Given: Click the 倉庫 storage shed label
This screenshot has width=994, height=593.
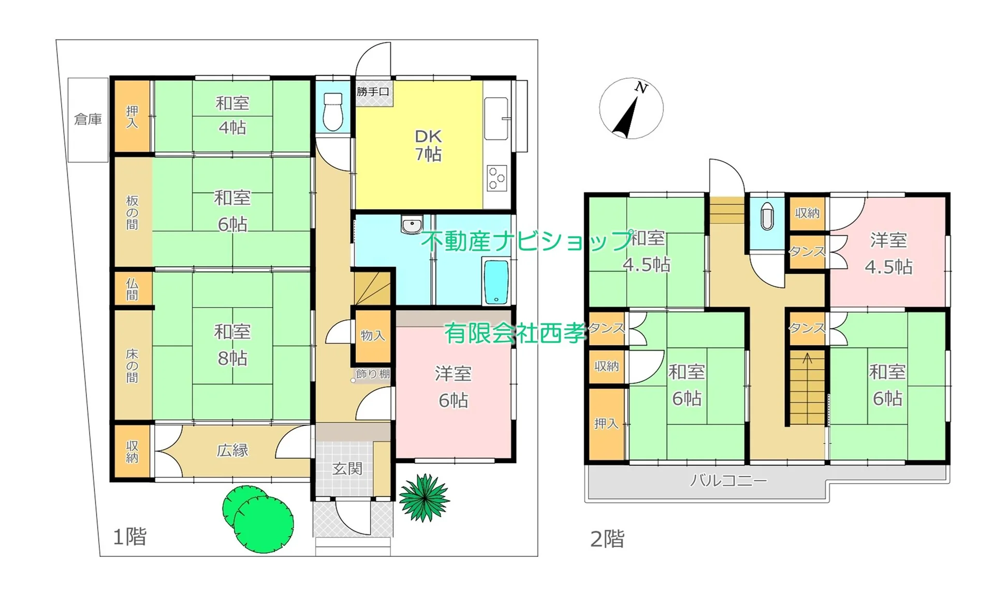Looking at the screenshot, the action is click(x=88, y=120).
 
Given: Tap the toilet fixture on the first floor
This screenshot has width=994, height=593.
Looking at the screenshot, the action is click(x=332, y=111).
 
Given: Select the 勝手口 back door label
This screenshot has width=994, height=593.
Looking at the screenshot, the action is click(x=373, y=92).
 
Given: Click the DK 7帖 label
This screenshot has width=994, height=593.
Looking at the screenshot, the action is click(x=428, y=145).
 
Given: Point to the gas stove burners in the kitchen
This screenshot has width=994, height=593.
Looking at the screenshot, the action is click(x=497, y=178).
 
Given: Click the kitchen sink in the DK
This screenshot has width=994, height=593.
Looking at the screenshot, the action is click(x=496, y=119).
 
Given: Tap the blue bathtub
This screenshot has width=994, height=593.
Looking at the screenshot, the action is click(x=496, y=282).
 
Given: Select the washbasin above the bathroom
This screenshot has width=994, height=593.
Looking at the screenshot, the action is click(x=412, y=224).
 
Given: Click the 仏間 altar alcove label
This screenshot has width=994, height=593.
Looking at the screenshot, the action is click(x=132, y=289).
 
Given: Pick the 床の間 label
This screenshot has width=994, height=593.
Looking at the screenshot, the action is click(x=132, y=366).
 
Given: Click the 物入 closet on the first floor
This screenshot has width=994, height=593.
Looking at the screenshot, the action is click(x=373, y=336).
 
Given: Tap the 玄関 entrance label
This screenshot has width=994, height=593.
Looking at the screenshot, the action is click(x=347, y=469).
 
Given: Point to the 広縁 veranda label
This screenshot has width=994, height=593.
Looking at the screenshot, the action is click(x=232, y=451).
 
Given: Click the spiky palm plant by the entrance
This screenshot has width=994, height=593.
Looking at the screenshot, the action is click(x=425, y=497).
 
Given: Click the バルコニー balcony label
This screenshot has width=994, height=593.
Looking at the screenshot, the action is click(x=728, y=481).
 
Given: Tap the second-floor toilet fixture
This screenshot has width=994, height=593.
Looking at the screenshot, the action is click(x=767, y=216).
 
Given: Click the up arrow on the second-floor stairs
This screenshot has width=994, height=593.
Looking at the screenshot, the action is click(x=808, y=358).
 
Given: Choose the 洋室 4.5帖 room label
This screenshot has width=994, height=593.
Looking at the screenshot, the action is click(x=888, y=253).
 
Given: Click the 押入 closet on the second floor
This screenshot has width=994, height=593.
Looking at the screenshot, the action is click(x=607, y=424).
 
